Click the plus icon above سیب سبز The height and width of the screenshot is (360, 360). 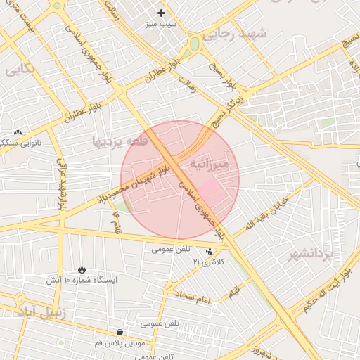(162, 13)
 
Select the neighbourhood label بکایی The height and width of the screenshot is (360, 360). (19, 71)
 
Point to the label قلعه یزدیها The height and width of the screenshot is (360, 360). (120, 141)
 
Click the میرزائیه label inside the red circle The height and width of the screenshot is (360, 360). (210, 164)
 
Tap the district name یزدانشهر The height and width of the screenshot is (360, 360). (310, 254)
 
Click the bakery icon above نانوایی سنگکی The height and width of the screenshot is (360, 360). (18, 131)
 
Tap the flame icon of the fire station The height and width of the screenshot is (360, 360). (82, 269)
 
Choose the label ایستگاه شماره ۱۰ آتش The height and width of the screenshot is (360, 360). (82, 280)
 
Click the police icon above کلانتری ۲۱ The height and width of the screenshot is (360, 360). (209, 251)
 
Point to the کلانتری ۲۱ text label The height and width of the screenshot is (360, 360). (209, 262)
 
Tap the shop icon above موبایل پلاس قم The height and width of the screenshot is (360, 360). (120, 333)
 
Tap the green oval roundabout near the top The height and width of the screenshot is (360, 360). (194, 44)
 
